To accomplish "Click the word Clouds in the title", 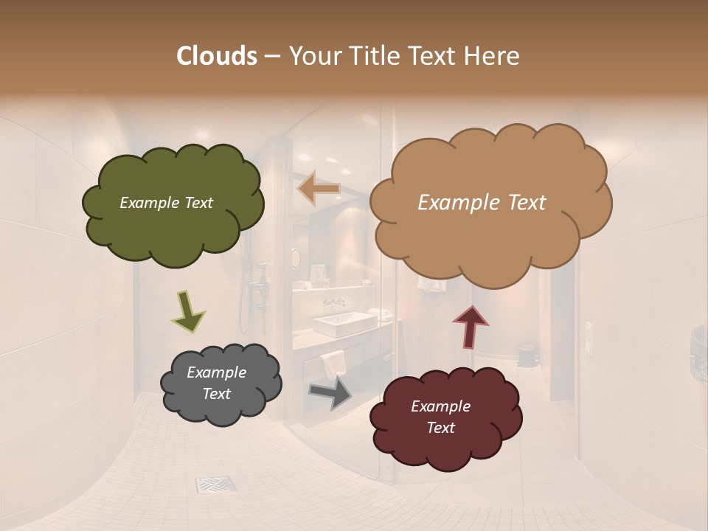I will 216,56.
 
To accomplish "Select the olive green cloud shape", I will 173,204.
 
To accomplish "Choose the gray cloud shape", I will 220,384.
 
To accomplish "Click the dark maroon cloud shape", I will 445,417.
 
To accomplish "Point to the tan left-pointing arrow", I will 319,190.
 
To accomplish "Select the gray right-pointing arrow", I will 330,392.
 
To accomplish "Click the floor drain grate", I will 215,485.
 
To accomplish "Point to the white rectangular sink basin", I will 344,324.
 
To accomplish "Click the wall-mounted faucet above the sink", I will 333,302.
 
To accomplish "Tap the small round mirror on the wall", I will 296,258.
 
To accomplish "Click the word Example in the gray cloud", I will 216,372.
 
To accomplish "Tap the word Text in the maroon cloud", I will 440,428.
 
